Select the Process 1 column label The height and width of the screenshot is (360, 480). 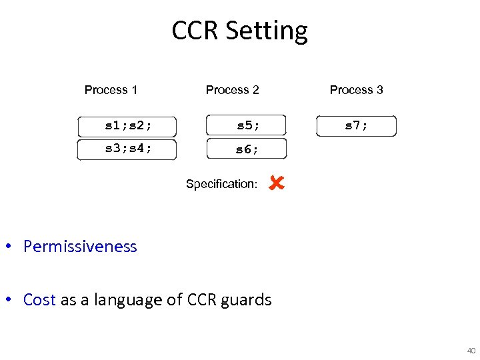coord(111,90)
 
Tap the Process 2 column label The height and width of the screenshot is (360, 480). coord(232,90)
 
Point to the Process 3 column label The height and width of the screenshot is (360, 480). coord(356,90)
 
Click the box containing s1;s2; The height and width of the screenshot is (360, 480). coord(127,125)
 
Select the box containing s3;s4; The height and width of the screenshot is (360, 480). coord(127,149)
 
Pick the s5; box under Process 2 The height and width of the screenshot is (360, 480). coord(247,125)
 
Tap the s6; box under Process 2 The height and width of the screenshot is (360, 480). coord(247,149)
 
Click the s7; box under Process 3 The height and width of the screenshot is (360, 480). coord(356,125)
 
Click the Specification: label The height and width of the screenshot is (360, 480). coord(221,184)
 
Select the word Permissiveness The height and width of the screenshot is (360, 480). coord(80,247)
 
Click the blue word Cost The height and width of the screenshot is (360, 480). coord(39,300)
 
